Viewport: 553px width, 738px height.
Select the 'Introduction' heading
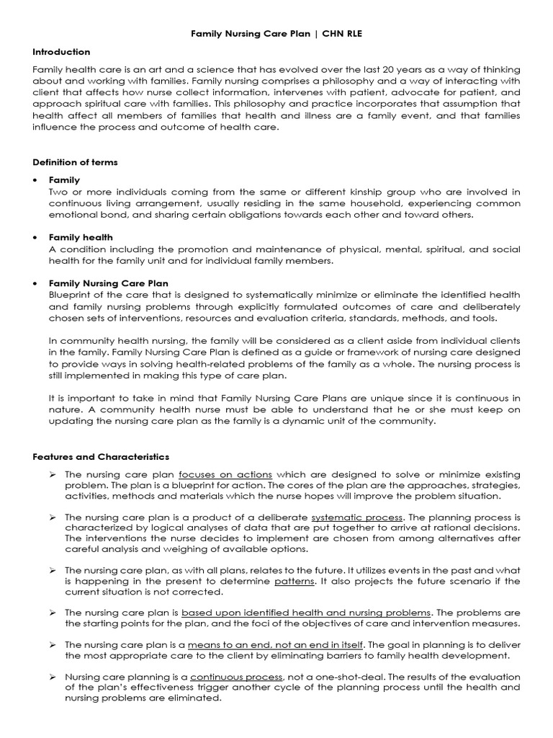click(x=62, y=52)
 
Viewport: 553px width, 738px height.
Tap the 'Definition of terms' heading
click(x=76, y=162)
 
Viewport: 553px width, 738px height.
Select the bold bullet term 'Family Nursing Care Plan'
click(x=108, y=283)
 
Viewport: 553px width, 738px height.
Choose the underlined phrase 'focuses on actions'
click(x=225, y=474)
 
